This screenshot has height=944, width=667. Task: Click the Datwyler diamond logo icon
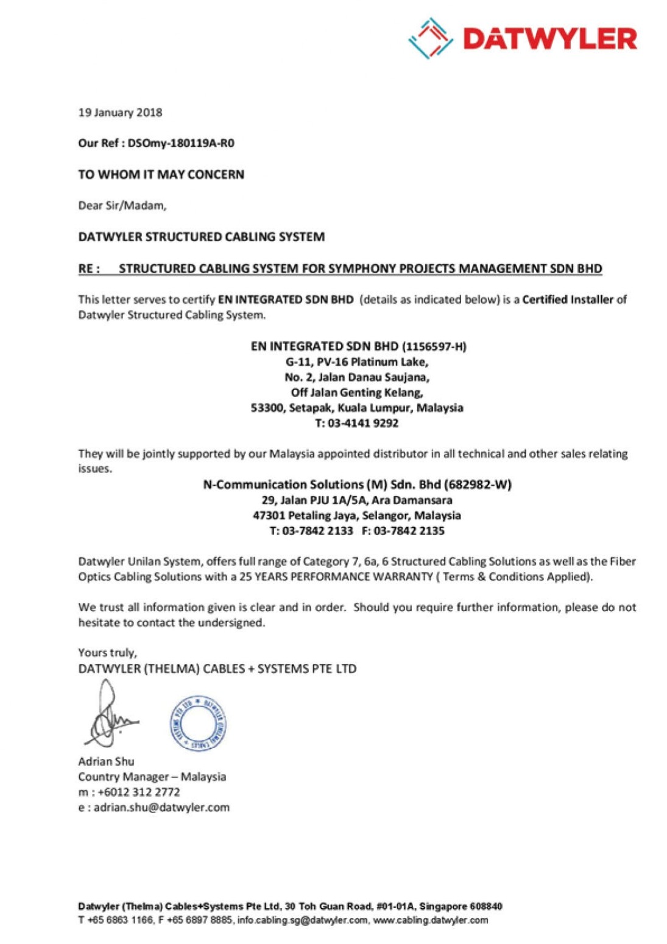(430, 38)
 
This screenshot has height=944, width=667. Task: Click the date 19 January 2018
(120, 113)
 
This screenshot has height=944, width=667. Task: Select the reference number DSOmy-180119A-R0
(181, 144)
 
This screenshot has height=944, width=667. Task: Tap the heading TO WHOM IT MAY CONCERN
(161, 175)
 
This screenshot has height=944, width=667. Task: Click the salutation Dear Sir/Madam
(122, 206)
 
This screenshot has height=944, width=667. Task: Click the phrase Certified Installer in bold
(567, 299)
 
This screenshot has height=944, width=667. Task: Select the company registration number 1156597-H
(434, 346)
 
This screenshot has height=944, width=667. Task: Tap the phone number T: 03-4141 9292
(357, 423)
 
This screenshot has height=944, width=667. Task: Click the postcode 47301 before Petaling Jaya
(269, 516)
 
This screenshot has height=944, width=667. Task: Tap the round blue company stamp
(198, 722)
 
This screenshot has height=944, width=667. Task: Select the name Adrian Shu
(106, 761)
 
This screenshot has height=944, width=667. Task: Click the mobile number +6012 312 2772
(138, 792)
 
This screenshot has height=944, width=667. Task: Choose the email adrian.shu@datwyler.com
(161, 808)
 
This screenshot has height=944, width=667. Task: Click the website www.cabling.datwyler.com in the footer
(430, 920)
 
